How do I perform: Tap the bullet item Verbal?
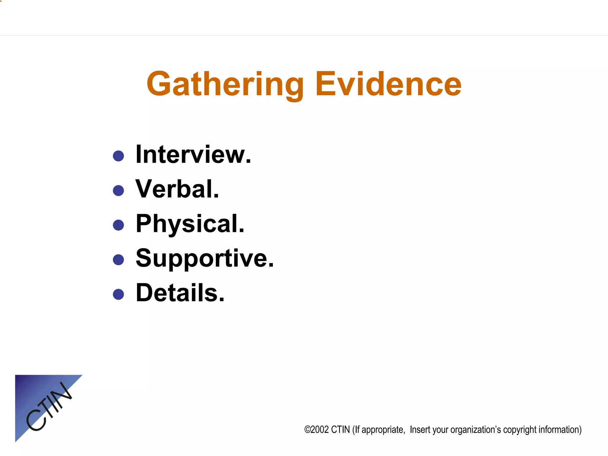(177, 189)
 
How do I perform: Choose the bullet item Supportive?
(205, 258)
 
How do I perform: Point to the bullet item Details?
(180, 293)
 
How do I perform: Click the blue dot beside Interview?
(118, 156)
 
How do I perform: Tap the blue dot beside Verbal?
(118, 191)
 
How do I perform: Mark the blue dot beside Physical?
(118, 225)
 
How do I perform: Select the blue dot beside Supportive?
(118, 260)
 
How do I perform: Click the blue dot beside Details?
(118, 294)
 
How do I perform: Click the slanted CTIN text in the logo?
(49, 406)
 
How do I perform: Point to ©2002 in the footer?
(316, 430)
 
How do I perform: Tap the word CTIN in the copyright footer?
(340, 430)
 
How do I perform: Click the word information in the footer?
(559, 430)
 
